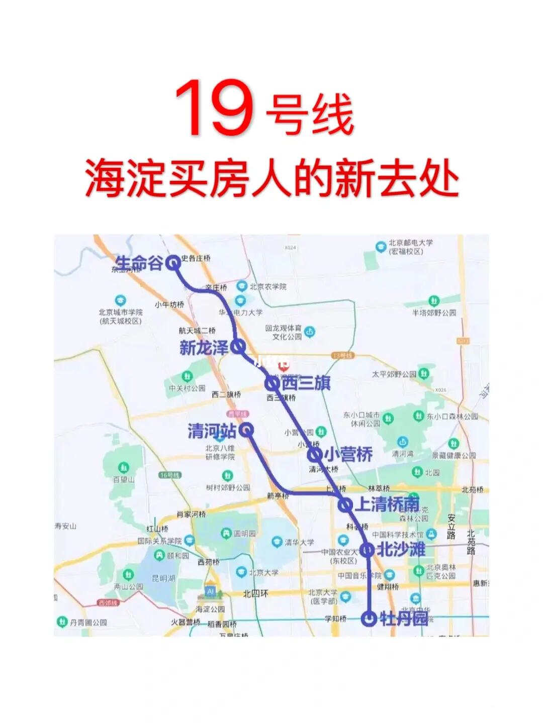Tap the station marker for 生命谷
point(173,262)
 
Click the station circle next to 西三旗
point(272,383)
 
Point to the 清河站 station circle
point(246,430)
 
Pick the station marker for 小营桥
point(315,455)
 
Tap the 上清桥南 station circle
point(345,504)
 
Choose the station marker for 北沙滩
point(368,550)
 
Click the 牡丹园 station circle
point(370,618)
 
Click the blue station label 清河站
point(212,431)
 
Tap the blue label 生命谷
point(139,262)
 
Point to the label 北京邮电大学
point(410,243)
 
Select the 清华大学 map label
point(299,543)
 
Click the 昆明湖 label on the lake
point(163,578)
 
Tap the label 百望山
point(124,480)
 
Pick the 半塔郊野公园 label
point(434,313)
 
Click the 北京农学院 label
point(268,286)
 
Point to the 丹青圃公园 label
point(88,622)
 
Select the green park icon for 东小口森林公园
point(418,416)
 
